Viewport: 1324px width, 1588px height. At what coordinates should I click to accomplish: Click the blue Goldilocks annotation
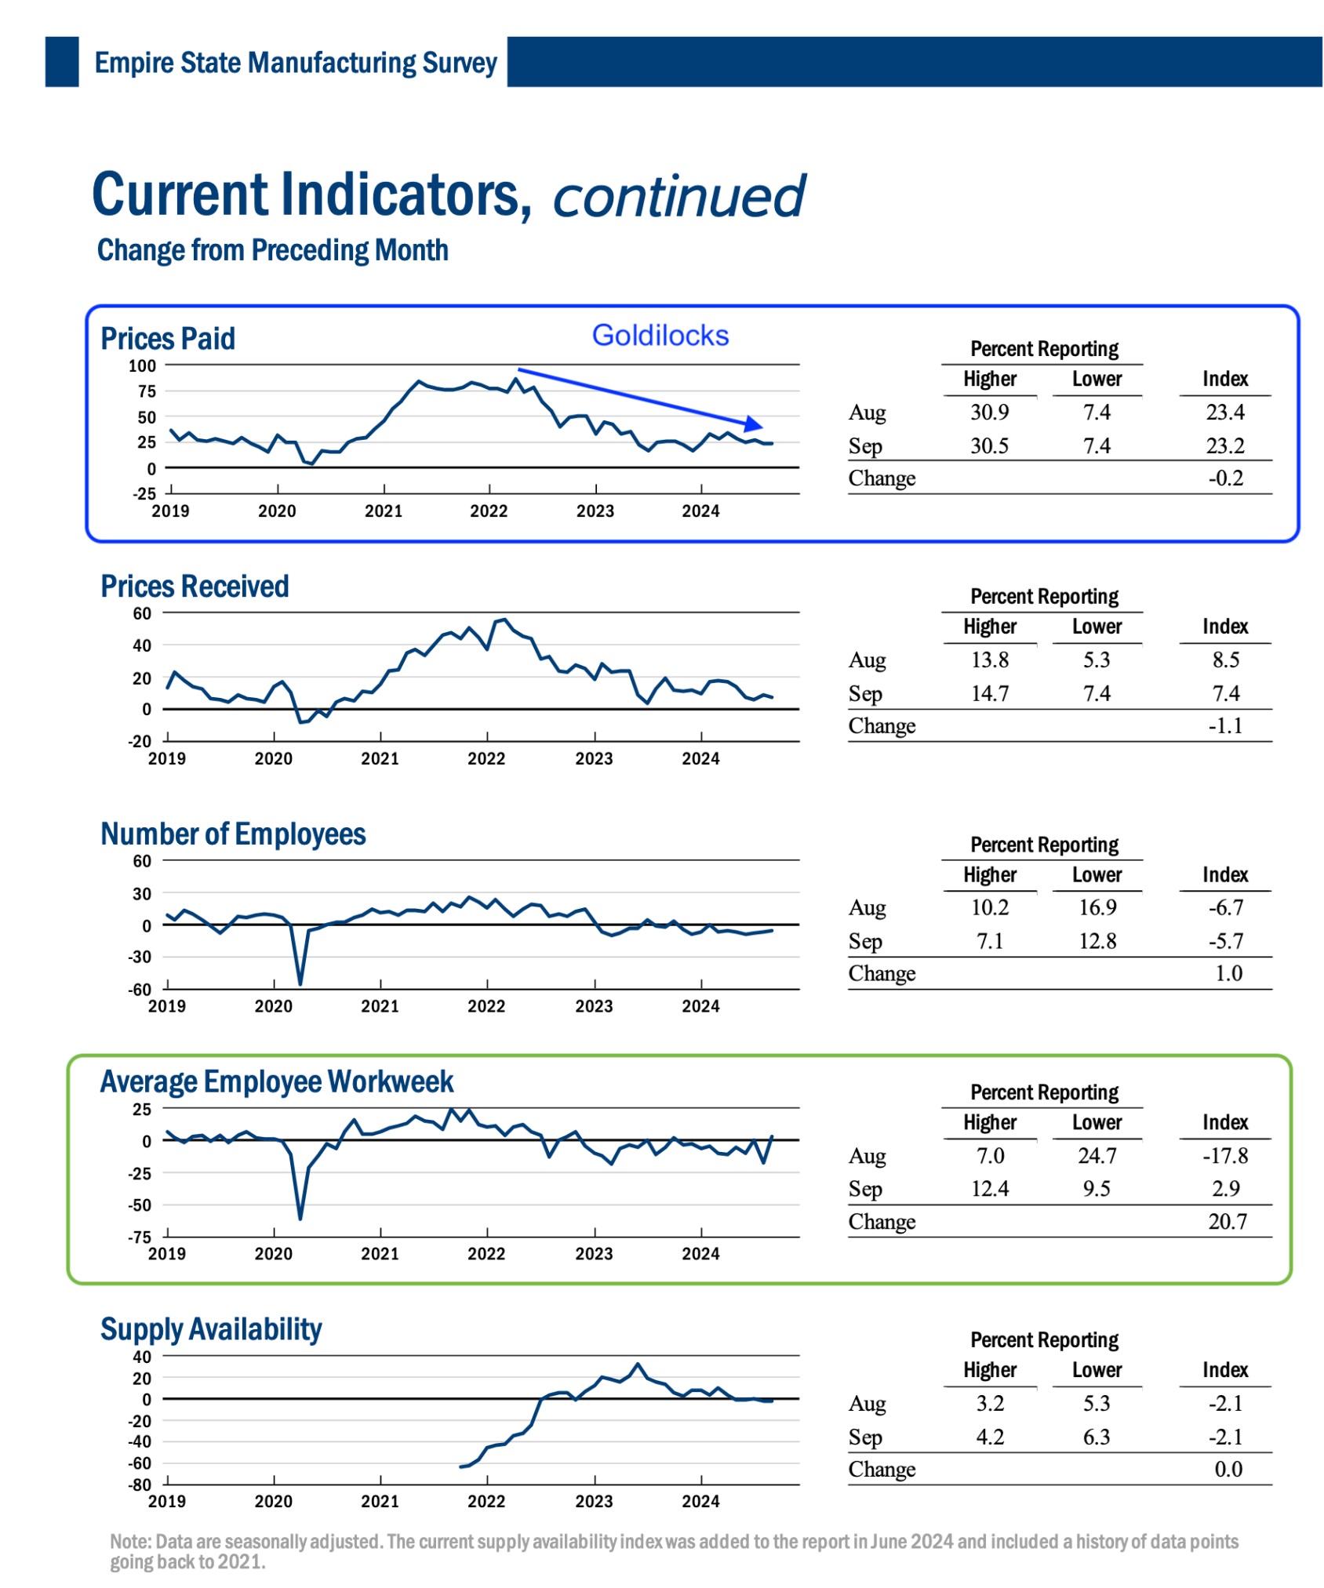[x=660, y=336]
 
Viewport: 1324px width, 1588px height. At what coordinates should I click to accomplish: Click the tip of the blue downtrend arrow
[x=761, y=426]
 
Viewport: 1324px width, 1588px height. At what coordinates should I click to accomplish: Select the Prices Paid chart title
[x=168, y=339]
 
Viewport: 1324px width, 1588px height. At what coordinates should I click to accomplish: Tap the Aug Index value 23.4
[x=1224, y=412]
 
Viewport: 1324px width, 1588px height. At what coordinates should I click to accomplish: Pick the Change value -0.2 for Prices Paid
[x=1225, y=478]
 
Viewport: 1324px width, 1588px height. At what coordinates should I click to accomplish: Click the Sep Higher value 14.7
[x=990, y=693]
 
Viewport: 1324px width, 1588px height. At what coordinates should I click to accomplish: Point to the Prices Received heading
[x=195, y=587]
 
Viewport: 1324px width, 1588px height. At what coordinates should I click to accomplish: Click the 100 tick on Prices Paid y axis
[x=143, y=365]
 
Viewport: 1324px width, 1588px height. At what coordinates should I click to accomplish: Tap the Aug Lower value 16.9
[x=1097, y=907]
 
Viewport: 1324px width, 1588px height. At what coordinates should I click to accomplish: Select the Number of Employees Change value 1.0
[x=1228, y=973]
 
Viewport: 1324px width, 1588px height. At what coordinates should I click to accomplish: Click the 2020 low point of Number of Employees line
[x=300, y=983]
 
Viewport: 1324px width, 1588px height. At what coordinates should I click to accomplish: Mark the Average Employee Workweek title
[x=276, y=1082]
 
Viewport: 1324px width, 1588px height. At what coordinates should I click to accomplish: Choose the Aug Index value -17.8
[x=1224, y=1155]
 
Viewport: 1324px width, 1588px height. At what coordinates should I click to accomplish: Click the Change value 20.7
[x=1227, y=1221]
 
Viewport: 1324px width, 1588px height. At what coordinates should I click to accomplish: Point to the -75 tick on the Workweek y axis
[x=140, y=1237]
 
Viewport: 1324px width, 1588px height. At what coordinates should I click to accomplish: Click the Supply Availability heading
[x=211, y=1329]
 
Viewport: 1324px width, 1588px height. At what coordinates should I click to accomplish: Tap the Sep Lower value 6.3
[x=1097, y=1437]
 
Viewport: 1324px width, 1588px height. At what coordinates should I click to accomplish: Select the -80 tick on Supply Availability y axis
[x=140, y=1484]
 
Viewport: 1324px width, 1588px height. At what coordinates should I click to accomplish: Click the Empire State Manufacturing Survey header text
[x=296, y=63]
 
